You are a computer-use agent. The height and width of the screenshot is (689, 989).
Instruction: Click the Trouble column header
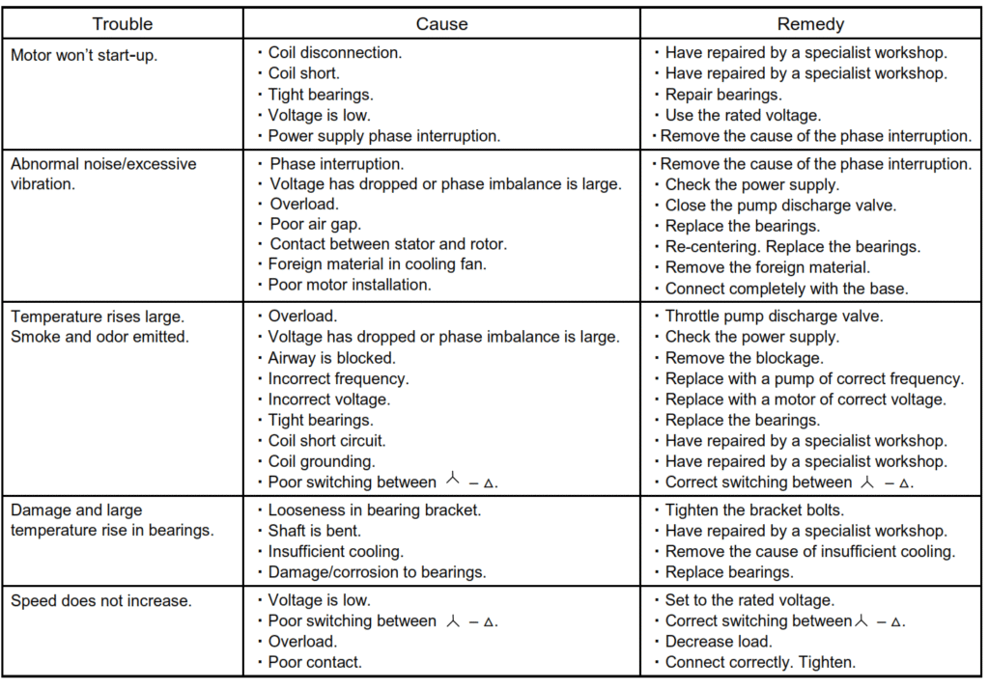[x=123, y=24]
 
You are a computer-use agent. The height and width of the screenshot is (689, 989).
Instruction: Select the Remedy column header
[x=810, y=24]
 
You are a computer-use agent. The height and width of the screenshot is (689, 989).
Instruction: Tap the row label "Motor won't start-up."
[x=84, y=55]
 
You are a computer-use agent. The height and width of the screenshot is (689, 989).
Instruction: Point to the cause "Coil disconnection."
[x=335, y=53]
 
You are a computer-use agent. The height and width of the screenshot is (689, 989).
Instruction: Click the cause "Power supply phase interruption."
[x=383, y=136]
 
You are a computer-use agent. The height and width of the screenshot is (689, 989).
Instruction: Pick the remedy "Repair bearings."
[x=723, y=95]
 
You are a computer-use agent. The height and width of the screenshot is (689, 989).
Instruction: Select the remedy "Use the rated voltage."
[x=743, y=116]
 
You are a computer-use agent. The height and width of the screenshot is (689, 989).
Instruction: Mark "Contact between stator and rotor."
[x=387, y=244]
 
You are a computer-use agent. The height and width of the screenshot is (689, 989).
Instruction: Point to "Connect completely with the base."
[x=786, y=289]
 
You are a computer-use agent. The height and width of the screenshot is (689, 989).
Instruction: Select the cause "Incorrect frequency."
[x=338, y=378]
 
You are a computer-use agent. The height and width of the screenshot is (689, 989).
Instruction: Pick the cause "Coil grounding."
[x=322, y=461]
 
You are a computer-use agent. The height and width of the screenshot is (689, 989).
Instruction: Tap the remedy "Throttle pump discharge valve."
[x=774, y=316]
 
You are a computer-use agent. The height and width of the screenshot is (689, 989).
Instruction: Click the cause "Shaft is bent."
[x=314, y=531]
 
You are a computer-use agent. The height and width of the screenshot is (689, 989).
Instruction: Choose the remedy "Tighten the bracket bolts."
[x=753, y=510]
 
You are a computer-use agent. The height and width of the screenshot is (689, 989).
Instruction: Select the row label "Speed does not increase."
[x=100, y=601]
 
